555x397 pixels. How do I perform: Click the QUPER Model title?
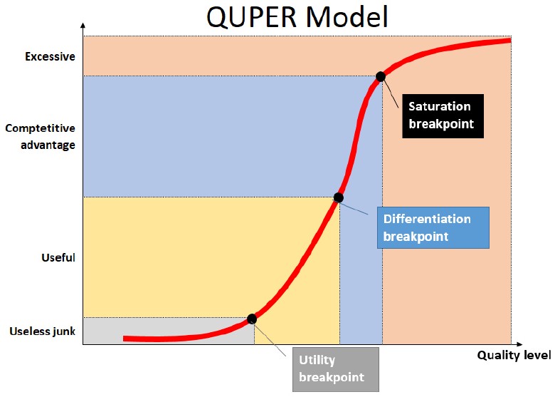[297, 17]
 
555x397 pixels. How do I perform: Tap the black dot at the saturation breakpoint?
[381, 76]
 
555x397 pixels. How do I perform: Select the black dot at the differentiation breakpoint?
[339, 197]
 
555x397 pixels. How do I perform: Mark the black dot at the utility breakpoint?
[252, 319]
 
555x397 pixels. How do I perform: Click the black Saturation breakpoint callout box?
[440, 116]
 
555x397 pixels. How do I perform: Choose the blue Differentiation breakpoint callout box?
[432, 227]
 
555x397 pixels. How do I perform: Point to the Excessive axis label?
[49, 56]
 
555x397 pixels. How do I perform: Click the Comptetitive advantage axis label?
[40, 137]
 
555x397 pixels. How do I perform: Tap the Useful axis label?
[58, 257]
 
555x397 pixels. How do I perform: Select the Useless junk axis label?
[42, 331]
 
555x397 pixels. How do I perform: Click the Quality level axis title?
[513, 355]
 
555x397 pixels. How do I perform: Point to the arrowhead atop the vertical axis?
[83, 27]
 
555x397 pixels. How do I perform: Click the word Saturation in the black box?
[439, 107]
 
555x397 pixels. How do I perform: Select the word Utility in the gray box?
[317, 361]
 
